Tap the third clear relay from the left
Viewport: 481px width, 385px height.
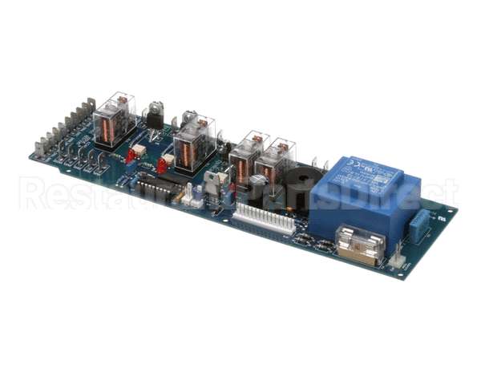pyautogui.click(x=245, y=157)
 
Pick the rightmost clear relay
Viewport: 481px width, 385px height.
pyautogui.click(x=279, y=161)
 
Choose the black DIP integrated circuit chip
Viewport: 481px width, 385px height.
pyautogui.click(x=159, y=188)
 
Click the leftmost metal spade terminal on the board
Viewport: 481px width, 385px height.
pyautogui.click(x=39, y=148)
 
